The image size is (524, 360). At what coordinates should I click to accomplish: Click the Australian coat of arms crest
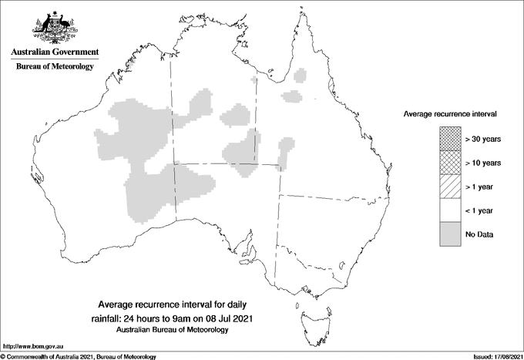click(x=54, y=26)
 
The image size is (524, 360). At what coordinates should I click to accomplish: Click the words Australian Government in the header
click(x=54, y=52)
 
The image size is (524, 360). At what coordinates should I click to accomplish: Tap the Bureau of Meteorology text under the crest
click(x=54, y=66)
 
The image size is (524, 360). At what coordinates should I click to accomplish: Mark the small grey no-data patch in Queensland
click(x=291, y=96)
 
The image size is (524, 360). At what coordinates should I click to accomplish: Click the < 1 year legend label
click(x=480, y=210)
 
